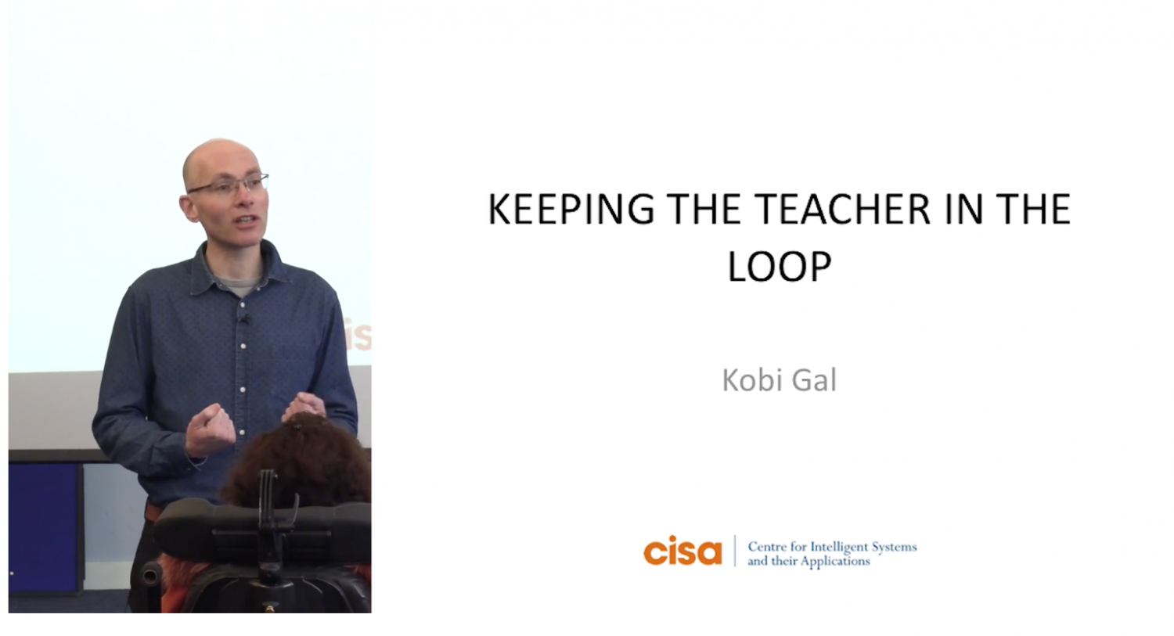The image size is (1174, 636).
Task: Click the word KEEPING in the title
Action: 571,209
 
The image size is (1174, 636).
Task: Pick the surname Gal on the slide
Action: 815,380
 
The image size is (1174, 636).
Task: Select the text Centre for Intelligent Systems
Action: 832,546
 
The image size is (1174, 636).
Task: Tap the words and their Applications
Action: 808,561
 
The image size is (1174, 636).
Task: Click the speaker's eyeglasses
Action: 229,185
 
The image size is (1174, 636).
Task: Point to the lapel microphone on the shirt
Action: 243,318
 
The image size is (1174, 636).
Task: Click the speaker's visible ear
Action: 189,208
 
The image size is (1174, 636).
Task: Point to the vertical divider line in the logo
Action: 735,551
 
